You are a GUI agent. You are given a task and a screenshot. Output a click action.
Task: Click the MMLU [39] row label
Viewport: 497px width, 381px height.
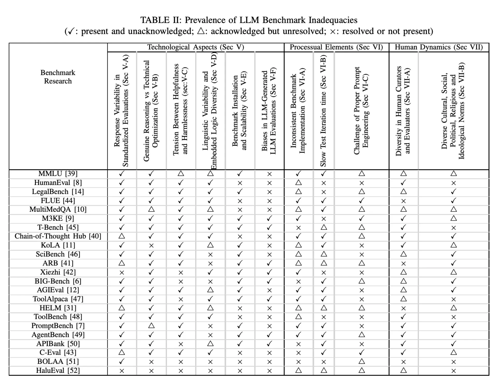(x=58, y=173)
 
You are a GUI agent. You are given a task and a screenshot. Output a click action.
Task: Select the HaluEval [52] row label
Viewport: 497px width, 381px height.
(x=58, y=370)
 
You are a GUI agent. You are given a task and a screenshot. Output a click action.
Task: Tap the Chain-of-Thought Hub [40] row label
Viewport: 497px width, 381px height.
(x=58, y=236)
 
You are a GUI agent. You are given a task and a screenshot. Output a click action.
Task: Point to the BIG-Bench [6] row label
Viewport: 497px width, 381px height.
(x=58, y=281)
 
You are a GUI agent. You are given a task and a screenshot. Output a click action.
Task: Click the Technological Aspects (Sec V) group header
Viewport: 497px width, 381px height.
(x=195, y=47)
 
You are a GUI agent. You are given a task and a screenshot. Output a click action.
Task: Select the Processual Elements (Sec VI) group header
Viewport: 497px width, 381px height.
(x=336, y=47)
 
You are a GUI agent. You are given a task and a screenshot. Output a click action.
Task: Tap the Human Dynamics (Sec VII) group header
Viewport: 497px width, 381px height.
(x=438, y=47)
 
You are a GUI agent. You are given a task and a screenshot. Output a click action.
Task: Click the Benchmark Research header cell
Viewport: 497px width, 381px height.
(x=58, y=77)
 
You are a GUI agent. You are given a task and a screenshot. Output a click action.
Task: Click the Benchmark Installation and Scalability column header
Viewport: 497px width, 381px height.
(x=239, y=111)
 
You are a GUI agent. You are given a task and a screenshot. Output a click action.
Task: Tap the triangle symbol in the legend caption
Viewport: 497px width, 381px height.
(x=201, y=31)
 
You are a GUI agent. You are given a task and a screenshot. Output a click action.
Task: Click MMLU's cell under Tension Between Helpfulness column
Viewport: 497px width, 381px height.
(x=181, y=173)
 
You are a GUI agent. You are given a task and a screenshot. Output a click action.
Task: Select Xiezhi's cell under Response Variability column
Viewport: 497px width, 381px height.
(x=122, y=272)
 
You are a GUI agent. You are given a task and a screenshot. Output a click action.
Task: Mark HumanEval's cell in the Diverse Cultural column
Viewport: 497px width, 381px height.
(x=453, y=183)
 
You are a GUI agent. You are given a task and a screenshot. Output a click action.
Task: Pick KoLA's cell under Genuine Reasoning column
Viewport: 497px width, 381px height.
(x=151, y=246)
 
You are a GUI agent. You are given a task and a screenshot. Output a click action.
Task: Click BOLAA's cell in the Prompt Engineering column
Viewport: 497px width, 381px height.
(x=361, y=361)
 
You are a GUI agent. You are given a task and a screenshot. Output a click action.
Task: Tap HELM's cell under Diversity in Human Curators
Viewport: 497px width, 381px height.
(x=403, y=308)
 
